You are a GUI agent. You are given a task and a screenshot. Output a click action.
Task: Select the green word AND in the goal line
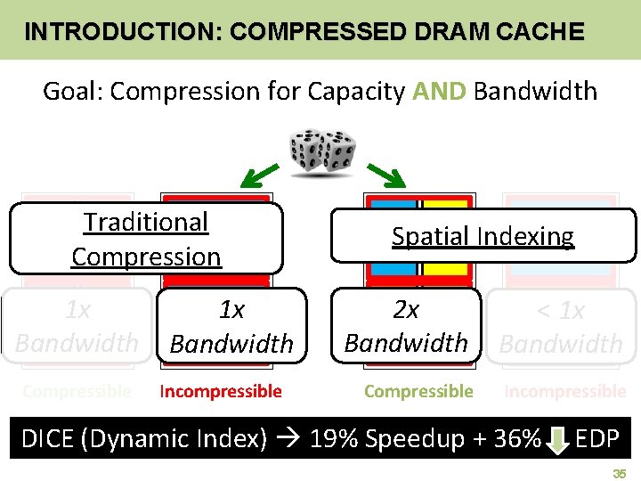(440, 91)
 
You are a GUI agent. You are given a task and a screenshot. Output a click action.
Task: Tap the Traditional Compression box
(146, 239)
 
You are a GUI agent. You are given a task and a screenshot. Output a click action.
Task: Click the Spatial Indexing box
(483, 236)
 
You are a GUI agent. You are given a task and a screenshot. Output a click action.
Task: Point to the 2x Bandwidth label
(406, 326)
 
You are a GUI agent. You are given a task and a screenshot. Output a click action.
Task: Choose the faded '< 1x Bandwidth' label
(561, 327)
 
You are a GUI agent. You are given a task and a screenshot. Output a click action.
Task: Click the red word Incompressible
(220, 391)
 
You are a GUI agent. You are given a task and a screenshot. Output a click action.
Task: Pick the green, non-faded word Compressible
(418, 391)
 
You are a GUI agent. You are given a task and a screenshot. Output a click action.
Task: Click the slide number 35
(620, 475)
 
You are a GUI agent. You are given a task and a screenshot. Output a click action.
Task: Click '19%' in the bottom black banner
(334, 439)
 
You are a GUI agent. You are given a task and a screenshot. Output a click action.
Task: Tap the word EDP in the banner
(597, 439)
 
